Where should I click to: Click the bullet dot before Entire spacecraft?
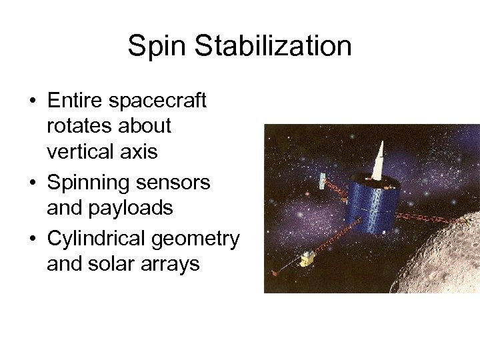(x=32, y=101)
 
